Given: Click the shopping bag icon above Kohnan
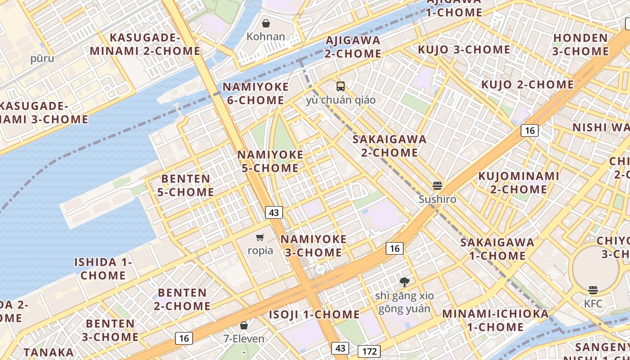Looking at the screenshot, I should (x=266, y=23).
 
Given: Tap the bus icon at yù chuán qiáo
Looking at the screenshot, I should (x=341, y=86).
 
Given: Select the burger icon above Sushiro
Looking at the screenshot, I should (x=437, y=185).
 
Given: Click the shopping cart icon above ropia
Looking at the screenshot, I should (x=260, y=237).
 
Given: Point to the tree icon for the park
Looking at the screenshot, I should (x=405, y=282).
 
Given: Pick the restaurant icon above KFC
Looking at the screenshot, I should (x=593, y=290).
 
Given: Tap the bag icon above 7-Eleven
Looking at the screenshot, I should (x=244, y=325).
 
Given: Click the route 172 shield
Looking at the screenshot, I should (x=369, y=351).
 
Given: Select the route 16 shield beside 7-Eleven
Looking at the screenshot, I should (x=184, y=338).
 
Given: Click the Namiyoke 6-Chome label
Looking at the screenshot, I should (x=256, y=94).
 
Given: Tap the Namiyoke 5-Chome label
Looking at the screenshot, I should (x=270, y=162).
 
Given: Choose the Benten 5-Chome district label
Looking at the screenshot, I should (x=185, y=185).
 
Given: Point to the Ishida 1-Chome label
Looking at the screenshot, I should (x=103, y=269).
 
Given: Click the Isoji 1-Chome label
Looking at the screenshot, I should (x=315, y=315).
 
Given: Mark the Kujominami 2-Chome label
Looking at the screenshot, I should (x=518, y=183).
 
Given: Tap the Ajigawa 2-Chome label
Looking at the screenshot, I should (x=353, y=47).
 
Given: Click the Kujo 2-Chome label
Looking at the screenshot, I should (x=527, y=85).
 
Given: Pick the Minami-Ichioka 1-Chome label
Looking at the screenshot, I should (x=496, y=320).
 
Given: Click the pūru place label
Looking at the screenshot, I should (x=42, y=58).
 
